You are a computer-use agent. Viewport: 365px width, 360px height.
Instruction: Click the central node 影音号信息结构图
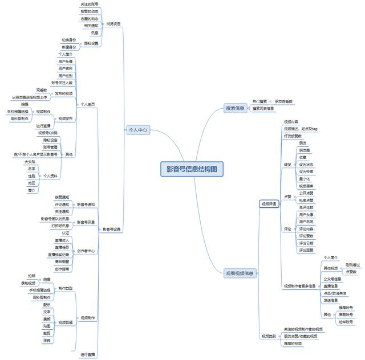coord(192,169)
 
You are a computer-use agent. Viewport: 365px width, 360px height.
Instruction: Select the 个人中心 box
coord(137,130)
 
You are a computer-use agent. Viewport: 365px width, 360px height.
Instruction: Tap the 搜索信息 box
coord(234,108)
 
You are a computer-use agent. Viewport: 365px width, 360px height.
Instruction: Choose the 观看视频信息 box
coord(239,273)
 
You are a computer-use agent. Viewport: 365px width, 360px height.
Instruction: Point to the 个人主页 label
coord(87,105)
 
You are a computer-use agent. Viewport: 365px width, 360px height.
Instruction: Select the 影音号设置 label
coord(111,230)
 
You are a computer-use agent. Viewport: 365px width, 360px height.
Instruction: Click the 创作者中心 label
coord(86,251)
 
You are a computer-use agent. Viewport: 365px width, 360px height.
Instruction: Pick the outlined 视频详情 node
coord(269,203)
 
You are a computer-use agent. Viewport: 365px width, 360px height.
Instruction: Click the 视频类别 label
coord(268,336)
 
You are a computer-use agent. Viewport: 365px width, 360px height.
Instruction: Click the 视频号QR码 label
coord(48,133)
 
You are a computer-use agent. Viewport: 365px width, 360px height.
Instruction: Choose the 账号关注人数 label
coord(62,83)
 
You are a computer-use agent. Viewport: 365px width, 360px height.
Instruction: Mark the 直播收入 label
coord(62,240)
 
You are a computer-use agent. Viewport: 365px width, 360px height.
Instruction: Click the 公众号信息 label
coord(332,279)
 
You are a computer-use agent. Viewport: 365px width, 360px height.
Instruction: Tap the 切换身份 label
coord(69,40)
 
